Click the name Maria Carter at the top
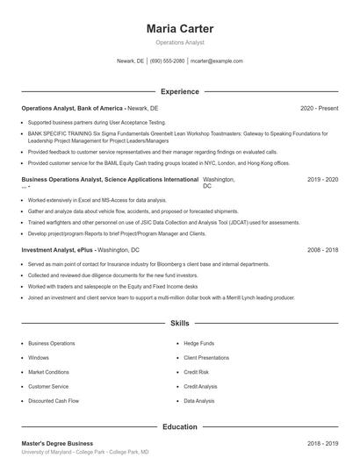pos(179,28)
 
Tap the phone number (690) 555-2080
pos(167,61)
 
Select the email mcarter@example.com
pos(216,61)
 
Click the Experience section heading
pos(179,91)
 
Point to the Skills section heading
pos(179,323)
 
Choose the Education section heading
pos(179,426)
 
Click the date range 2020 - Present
pos(319,108)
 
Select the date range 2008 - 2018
pos(322,250)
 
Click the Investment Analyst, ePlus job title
pos(58,250)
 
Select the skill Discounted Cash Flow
pos(54,401)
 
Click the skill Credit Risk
pos(196,372)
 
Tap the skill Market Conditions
pos(49,372)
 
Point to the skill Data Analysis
pos(199,401)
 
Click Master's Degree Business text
pos(57,444)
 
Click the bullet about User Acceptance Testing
pos(97,123)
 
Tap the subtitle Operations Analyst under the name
pos(179,42)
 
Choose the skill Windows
pos(39,358)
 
